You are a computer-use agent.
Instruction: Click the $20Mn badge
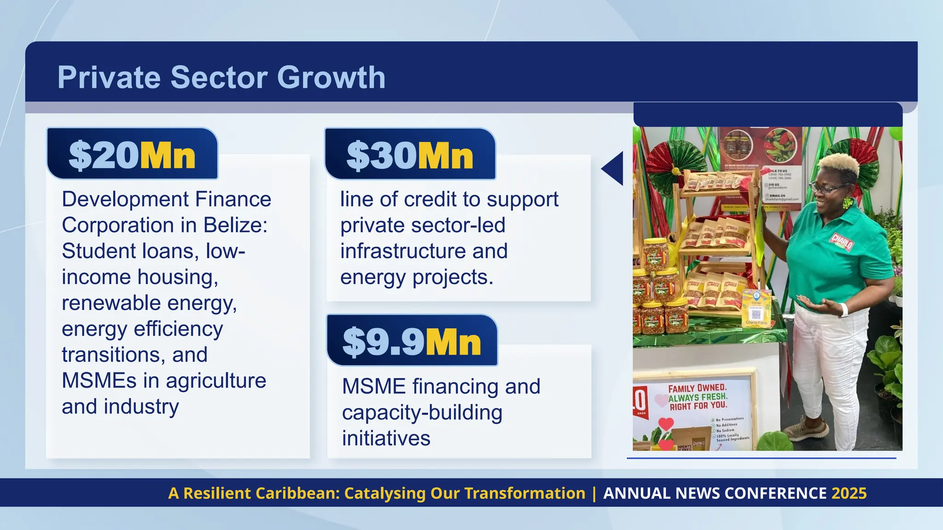[x=132, y=155]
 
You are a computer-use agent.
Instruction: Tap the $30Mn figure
[x=410, y=156]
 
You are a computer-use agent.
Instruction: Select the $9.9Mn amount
[x=412, y=342]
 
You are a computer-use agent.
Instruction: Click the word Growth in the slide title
[x=331, y=77]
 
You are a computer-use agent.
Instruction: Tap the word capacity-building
[x=422, y=413]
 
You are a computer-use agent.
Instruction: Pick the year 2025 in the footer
[x=849, y=493]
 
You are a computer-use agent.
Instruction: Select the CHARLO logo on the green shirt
[x=842, y=241]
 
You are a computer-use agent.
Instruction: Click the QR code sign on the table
[x=756, y=314]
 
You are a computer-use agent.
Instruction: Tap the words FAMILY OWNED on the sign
[x=697, y=388]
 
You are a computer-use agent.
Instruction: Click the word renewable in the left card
[x=111, y=303]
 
